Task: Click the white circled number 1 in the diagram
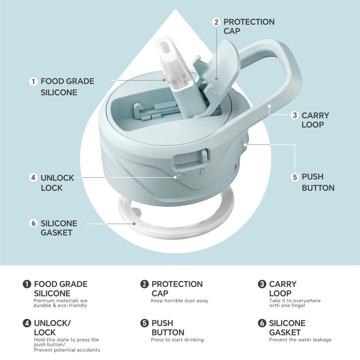(33, 81)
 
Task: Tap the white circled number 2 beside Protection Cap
(216, 22)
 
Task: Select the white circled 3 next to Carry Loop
(295, 115)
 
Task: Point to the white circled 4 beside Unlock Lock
(33, 177)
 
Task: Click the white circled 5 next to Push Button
(295, 177)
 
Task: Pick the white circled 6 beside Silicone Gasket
(33, 223)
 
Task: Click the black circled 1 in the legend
(27, 284)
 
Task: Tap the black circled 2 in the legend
(144, 284)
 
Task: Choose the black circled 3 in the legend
(262, 284)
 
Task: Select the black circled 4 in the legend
(27, 323)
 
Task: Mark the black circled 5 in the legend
(144, 323)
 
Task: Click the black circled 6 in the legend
(262, 323)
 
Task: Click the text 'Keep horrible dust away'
(180, 301)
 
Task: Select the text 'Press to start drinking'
(177, 340)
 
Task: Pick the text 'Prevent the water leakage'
(300, 340)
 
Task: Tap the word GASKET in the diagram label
(57, 233)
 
